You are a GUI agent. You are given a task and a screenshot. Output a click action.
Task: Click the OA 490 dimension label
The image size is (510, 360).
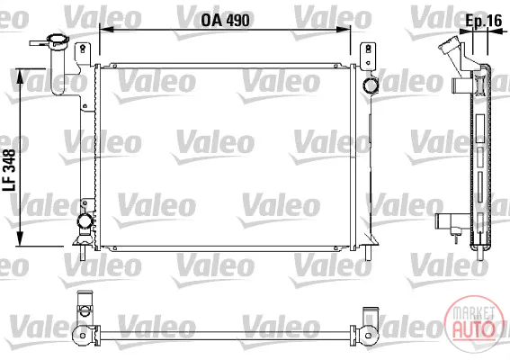pyautogui.click(x=225, y=20)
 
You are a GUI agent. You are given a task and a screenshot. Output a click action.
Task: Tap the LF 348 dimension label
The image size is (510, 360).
pyautogui.click(x=9, y=170)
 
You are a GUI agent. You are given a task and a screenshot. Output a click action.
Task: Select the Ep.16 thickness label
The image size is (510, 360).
pyautogui.click(x=484, y=21)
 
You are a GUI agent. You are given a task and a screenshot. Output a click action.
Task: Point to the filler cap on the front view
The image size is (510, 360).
pyautogui.click(x=58, y=41)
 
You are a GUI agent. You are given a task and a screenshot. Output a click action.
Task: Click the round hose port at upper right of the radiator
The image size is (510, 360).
pyautogui.click(x=371, y=85)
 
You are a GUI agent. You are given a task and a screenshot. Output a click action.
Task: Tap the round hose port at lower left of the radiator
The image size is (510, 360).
pyautogui.click(x=85, y=221)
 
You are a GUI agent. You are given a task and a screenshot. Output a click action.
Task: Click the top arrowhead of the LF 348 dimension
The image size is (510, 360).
pyautogui.click(x=20, y=76)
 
